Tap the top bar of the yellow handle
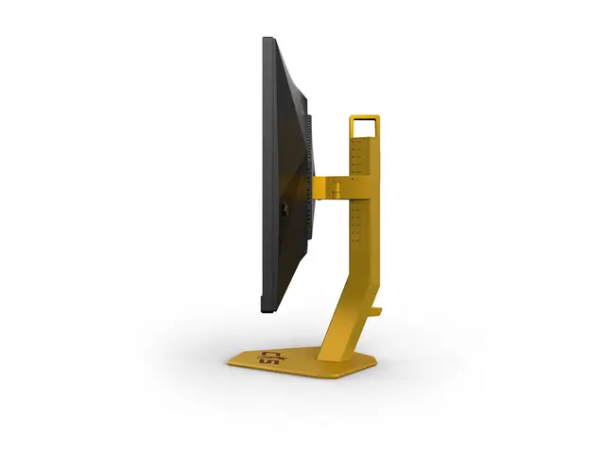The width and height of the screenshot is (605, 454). (365, 117)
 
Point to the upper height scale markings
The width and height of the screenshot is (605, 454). (357, 156)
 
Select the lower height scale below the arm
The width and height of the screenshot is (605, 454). (357, 222)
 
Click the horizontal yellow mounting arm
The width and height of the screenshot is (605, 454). (330, 186)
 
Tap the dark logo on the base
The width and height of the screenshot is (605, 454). (268, 357)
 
